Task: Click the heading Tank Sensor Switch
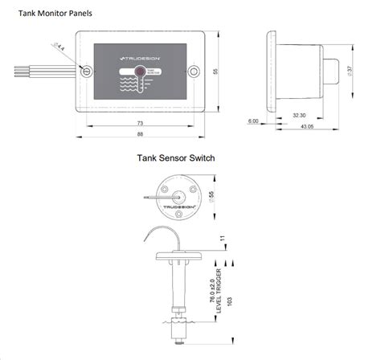click(175, 158)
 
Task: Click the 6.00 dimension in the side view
click(254, 121)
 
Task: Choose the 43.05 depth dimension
click(305, 125)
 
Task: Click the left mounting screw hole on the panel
click(86, 72)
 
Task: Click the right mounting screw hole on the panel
click(193, 72)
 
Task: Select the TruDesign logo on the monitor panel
click(139, 59)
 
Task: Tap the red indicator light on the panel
click(140, 72)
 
